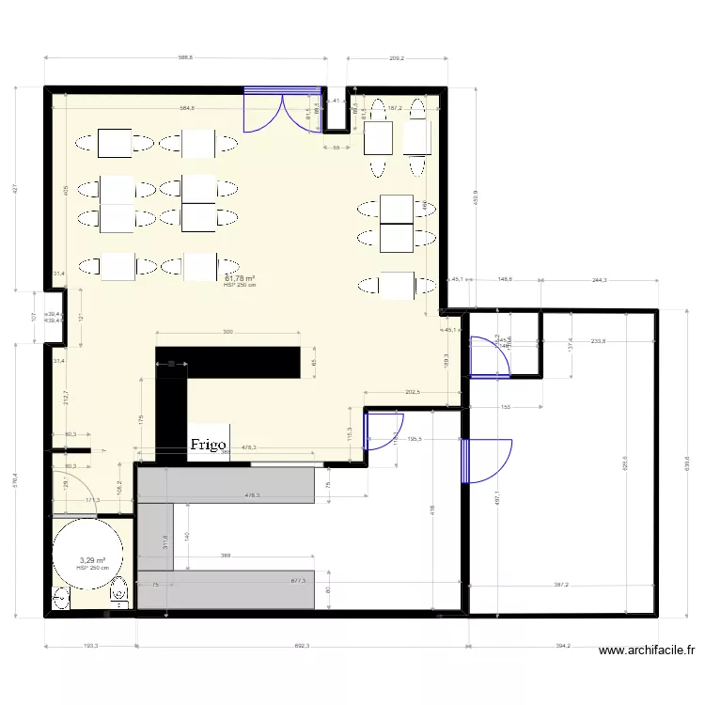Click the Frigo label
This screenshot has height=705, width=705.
point(211,445)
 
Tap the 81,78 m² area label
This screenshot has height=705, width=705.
point(241,278)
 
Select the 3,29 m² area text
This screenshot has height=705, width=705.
point(92,560)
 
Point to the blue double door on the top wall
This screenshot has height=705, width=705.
point(279,108)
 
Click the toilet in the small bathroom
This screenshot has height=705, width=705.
point(119,593)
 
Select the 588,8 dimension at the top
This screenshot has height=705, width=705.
point(185,58)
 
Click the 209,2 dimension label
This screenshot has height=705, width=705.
point(396,58)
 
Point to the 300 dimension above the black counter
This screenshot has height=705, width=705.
point(227,333)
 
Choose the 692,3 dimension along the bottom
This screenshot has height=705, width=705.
point(302,647)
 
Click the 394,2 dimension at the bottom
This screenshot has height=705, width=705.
point(562,647)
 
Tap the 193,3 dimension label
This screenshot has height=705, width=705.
point(91,647)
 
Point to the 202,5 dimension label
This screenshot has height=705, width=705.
point(410,392)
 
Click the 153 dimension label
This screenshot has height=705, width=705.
point(505,407)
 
